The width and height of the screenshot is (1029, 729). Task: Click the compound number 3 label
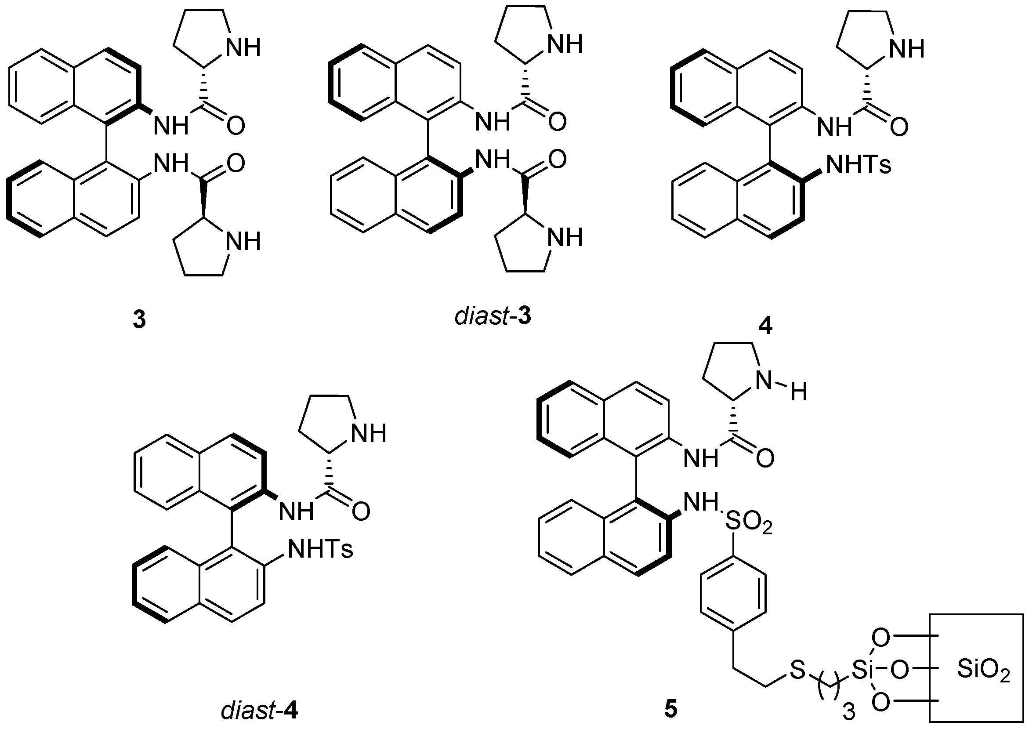click(x=139, y=320)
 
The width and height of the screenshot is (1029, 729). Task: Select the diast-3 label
click(x=493, y=316)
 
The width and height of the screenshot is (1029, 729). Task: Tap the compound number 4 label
click(x=765, y=326)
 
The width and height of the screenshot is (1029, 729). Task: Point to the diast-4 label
click(x=259, y=711)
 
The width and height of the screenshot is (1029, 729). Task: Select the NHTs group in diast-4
click(x=320, y=549)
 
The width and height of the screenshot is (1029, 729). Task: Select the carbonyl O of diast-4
click(x=361, y=512)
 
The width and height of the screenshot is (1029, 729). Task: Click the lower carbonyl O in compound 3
click(x=236, y=163)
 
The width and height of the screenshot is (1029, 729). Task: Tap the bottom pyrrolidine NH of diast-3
click(x=565, y=237)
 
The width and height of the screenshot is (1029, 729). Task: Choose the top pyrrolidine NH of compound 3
click(x=243, y=48)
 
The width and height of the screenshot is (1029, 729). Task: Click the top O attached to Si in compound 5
click(x=881, y=638)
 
